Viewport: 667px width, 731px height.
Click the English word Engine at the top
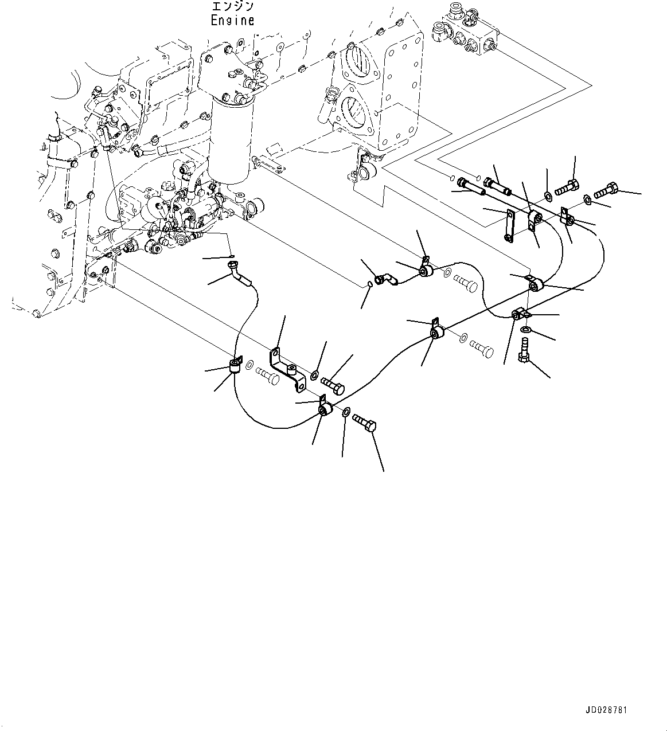pyautogui.click(x=232, y=20)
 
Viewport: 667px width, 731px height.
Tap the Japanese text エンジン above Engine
pyautogui.click(x=232, y=6)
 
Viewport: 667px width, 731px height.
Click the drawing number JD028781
pyautogui.click(x=606, y=710)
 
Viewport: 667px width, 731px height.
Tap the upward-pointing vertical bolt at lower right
pyautogui.click(x=522, y=349)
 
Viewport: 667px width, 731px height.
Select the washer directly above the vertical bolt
pyautogui.click(x=526, y=330)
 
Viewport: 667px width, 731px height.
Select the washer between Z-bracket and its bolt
pyautogui.click(x=314, y=376)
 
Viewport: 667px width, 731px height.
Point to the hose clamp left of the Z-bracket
pyautogui.click(x=235, y=365)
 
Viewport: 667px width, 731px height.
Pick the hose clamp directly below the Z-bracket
pyautogui.click(x=325, y=408)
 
